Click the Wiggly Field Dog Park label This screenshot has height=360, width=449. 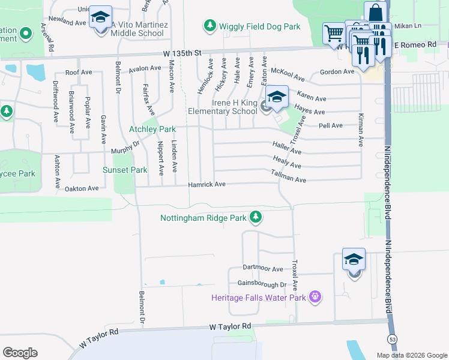coord(259,26)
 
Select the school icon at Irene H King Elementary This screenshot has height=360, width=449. coord(277,97)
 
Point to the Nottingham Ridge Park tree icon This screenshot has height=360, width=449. coord(256,217)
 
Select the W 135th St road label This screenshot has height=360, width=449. coord(184,53)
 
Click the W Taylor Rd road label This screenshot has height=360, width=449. coord(230,326)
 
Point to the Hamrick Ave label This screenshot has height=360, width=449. coord(207,184)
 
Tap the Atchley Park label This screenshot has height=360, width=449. coord(152,129)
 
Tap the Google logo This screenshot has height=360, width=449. coord(20,353)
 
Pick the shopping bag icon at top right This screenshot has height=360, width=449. coord(375,13)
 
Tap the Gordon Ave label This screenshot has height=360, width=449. coord(337,72)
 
